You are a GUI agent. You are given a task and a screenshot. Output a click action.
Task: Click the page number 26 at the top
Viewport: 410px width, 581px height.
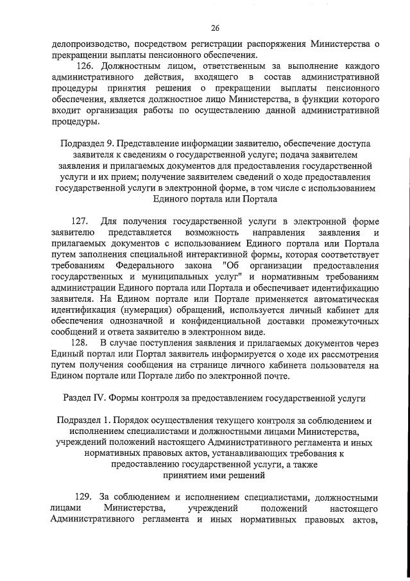pos(215,28)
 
